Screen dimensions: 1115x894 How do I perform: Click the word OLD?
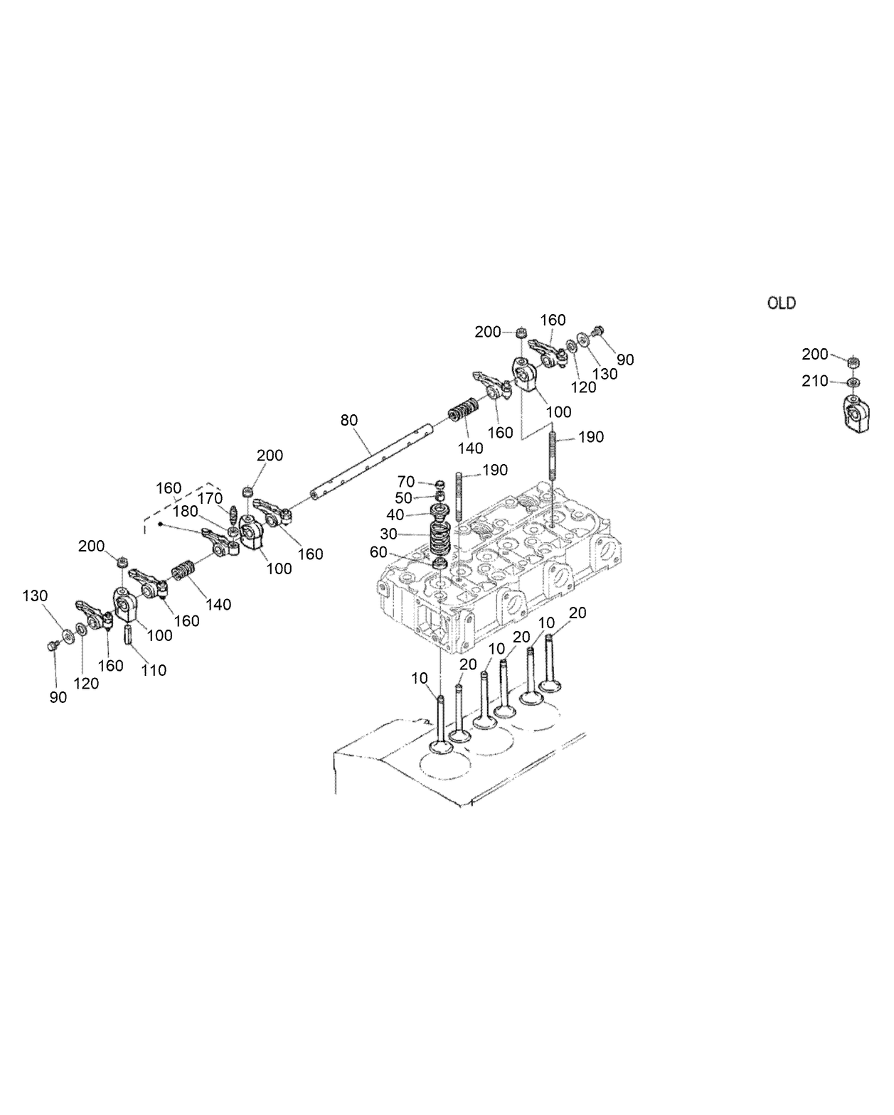[x=781, y=303]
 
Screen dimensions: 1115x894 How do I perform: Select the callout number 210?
[x=815, y=382]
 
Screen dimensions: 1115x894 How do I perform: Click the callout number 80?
[x=348, y=420]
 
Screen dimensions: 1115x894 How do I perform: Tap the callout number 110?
[x=154, y=670]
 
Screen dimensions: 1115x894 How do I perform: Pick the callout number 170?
[x=210, y=499]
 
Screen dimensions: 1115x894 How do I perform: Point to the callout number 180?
[x=185, y=511]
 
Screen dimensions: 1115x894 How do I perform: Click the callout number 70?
[x=405, y=483]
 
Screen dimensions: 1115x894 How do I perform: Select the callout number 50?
[x=403, y=499]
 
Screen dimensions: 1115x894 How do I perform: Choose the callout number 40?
[x=395, y=515]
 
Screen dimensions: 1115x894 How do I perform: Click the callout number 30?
[x=388, y=534]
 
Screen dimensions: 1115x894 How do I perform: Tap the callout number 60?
[x=378, y=552]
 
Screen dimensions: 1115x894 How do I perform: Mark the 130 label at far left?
[x=35, y=596]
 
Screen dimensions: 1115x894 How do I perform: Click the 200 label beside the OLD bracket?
[x=815, y=355]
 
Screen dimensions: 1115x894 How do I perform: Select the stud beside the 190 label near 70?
[x=459, y=497]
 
